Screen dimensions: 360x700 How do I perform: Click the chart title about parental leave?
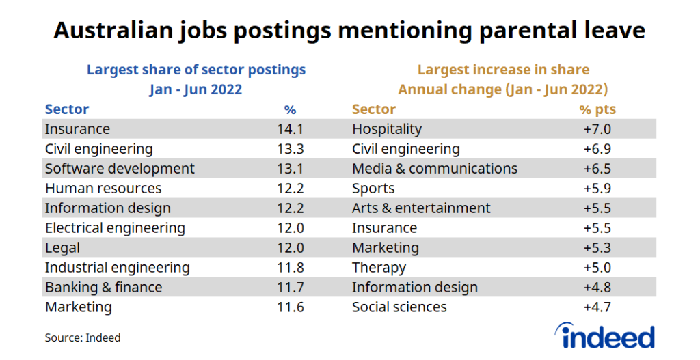tap(349, 31)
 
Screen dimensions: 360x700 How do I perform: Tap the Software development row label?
tap(120, 169)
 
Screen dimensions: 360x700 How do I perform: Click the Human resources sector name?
tap(103, 189)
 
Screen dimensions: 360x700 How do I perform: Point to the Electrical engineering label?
tap(115, 228)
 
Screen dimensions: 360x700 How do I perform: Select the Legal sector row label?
tap(62, 248)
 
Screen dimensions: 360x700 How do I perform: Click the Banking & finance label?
tap(103, 288)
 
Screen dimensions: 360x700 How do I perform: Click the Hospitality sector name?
tap(387, 129)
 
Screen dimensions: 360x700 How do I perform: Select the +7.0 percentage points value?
tap(597, 129)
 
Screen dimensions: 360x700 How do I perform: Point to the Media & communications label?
tap(435, 169)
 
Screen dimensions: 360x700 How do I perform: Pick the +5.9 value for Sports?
tap(597, 189)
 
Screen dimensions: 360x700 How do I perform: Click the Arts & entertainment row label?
tap(421, 208)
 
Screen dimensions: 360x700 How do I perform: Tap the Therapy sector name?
tap(379, 268)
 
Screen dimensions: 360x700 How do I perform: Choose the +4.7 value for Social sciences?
tap(597, 307)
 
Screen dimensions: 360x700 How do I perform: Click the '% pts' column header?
tap(597, 109)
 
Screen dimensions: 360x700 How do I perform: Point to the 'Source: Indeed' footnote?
tap(83, 337)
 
